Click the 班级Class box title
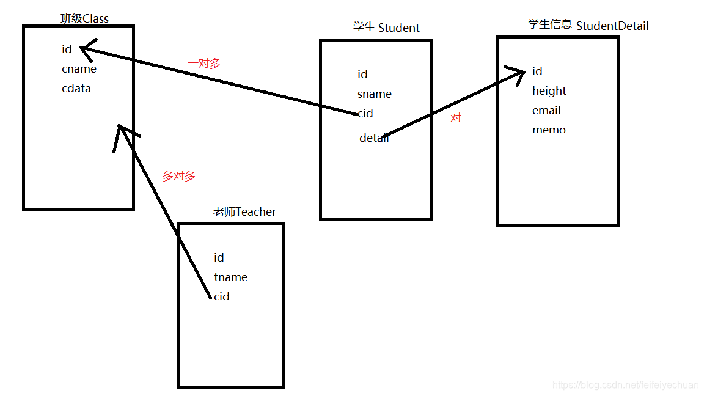coord(84,18)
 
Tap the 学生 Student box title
coord(386,28)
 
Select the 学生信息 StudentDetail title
coord(588,25)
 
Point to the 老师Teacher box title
coord(244,211)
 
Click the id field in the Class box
coord(67,50)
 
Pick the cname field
coord(79,69)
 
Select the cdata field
coord(76,88)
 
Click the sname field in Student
coord(375,94)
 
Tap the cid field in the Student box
coord(365,114)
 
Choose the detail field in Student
coord(374,138)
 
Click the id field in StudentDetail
coord(537,71)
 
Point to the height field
coord(549,91)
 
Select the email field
coord(546,111)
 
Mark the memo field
coord(549,130)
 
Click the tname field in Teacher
coord(230,277)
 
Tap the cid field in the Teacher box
coord(221,296)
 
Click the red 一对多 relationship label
coord(204,64)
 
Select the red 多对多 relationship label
coord(178,176)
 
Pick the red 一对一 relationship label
coord(456,118)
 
